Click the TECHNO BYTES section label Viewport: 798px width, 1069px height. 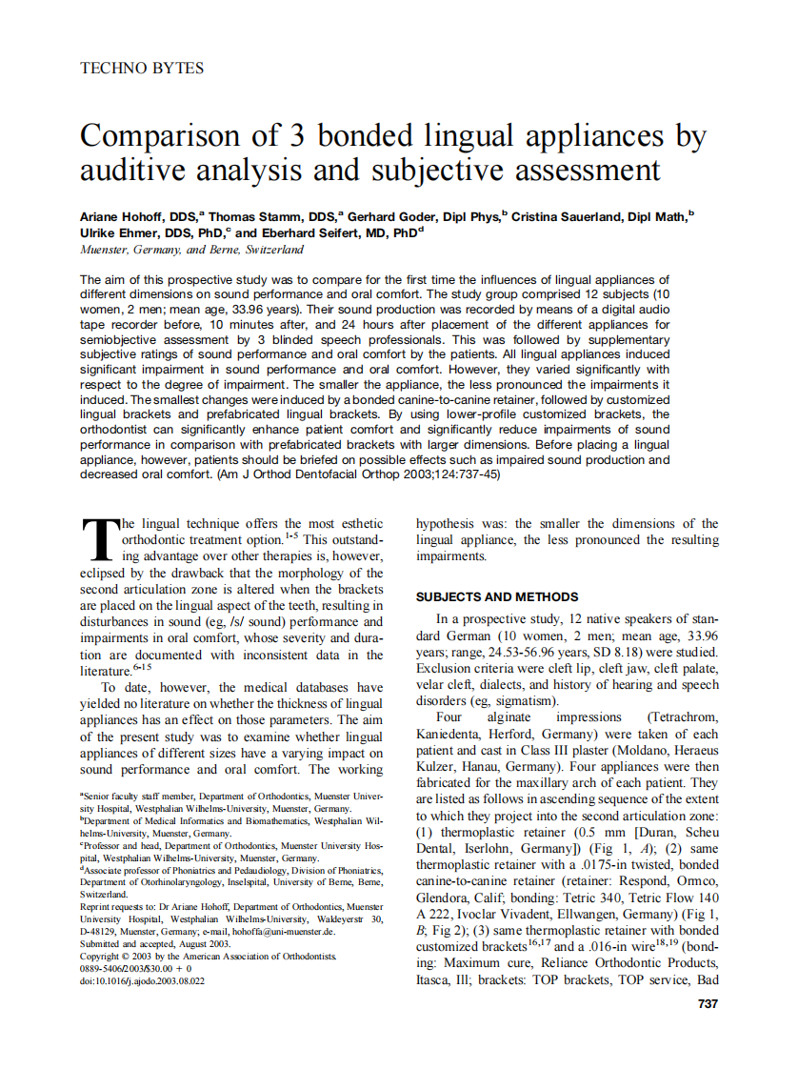click(x=142, y=69)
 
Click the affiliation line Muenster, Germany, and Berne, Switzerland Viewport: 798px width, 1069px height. click(x=191, y=250)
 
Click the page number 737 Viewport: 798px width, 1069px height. click(x=708, y=1003)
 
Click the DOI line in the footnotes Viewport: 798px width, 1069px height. click(x=143, y=979)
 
